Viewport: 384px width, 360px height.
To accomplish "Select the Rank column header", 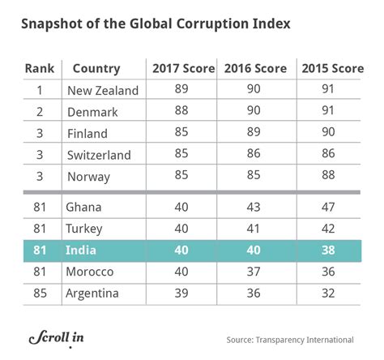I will [x=41, y=69].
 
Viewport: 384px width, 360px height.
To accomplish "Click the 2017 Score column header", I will [x=181, y=69].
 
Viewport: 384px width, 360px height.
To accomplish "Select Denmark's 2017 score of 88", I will [x=181, y=112].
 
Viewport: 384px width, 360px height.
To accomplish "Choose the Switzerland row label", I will [x=105, y=153].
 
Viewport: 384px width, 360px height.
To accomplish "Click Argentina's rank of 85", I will [x=41, y=291].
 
